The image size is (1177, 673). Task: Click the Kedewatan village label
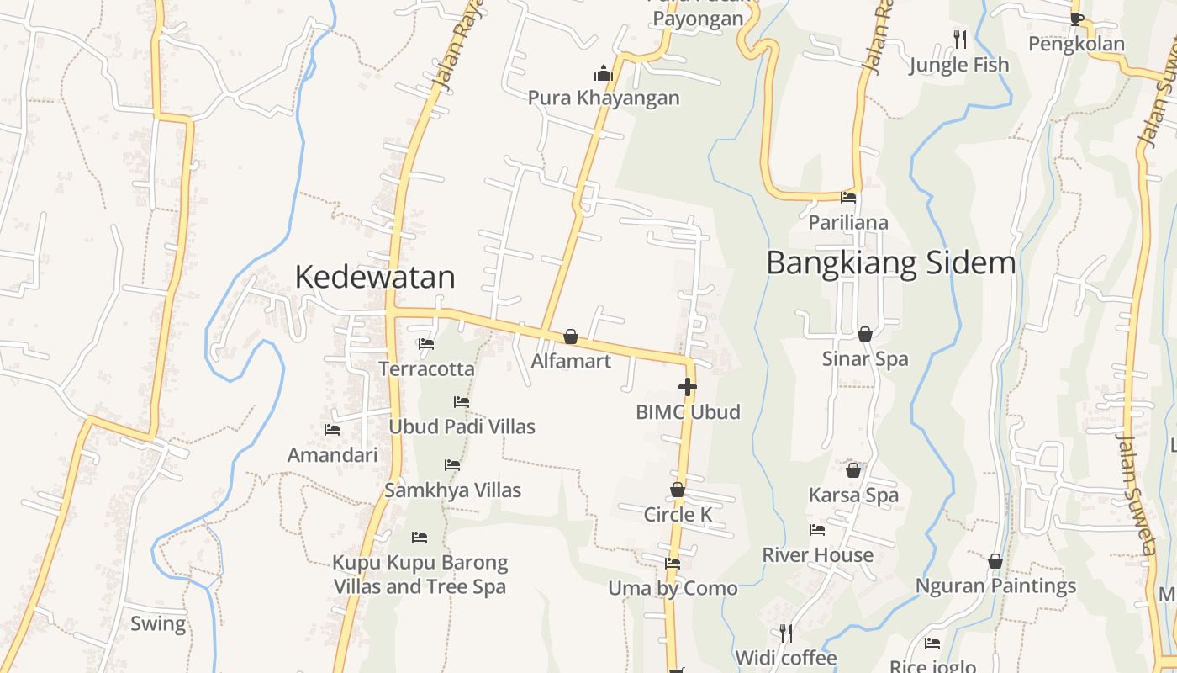pyautogui.click(x=375, y=277)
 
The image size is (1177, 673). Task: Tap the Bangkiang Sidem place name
pyautogui.click(x=890, y=263)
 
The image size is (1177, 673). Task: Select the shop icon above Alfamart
pyautogui.click(x=571, y=337)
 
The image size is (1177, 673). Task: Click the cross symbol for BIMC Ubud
pyautogui.click(x=688, y=387)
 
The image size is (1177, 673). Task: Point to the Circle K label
pyautogui.click(x=678, y=514)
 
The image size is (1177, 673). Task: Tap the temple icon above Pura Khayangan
pyautogui.click(x=604, y=74)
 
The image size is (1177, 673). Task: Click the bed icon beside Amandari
pyautogui.click(x=332, y=430)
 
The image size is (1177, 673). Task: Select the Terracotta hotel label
pyautogui.click(x=426, y=368)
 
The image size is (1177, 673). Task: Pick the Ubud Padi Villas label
pyautogui.click(x=462, y=427)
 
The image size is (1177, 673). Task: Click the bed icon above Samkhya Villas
pyautogui.click(x=452, y=465)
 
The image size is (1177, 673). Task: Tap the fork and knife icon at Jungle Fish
pyautogui.click(x=959, y=39)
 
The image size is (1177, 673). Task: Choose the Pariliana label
pyautogui.click(x=848, y=223)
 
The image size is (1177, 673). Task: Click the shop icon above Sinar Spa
pyautogui.click(x=864, y=334)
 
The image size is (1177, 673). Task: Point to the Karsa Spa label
pyautogui.click(x=853, y=495)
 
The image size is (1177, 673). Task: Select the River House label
pyautogui.click(x=817, y=555)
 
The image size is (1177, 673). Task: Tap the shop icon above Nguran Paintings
pyautogui.click(x=995, y=561)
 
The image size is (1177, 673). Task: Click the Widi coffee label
pyautogui.click(x=785, y=657)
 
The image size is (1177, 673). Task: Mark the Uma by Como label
pyautogui.click(x=673, y=588)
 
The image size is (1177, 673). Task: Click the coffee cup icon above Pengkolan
pyautogui.click(x=1076, y=19)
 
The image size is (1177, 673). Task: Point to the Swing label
pyautogui.click(x=158, y=623)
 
